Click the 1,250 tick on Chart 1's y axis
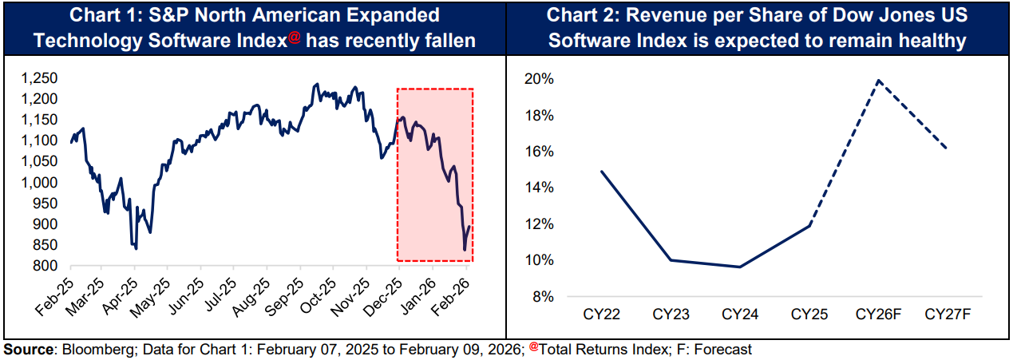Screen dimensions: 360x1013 coord(40,78)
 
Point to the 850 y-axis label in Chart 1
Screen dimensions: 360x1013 coord(45,245)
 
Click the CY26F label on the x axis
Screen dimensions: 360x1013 coord(877,315)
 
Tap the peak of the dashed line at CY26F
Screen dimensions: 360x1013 coord(878,80)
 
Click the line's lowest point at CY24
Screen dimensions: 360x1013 coord(739,267)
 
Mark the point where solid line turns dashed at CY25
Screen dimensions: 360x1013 coord(809,225)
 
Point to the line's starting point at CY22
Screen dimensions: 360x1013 coord(600,172)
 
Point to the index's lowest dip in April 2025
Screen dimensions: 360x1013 coord(137,249)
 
